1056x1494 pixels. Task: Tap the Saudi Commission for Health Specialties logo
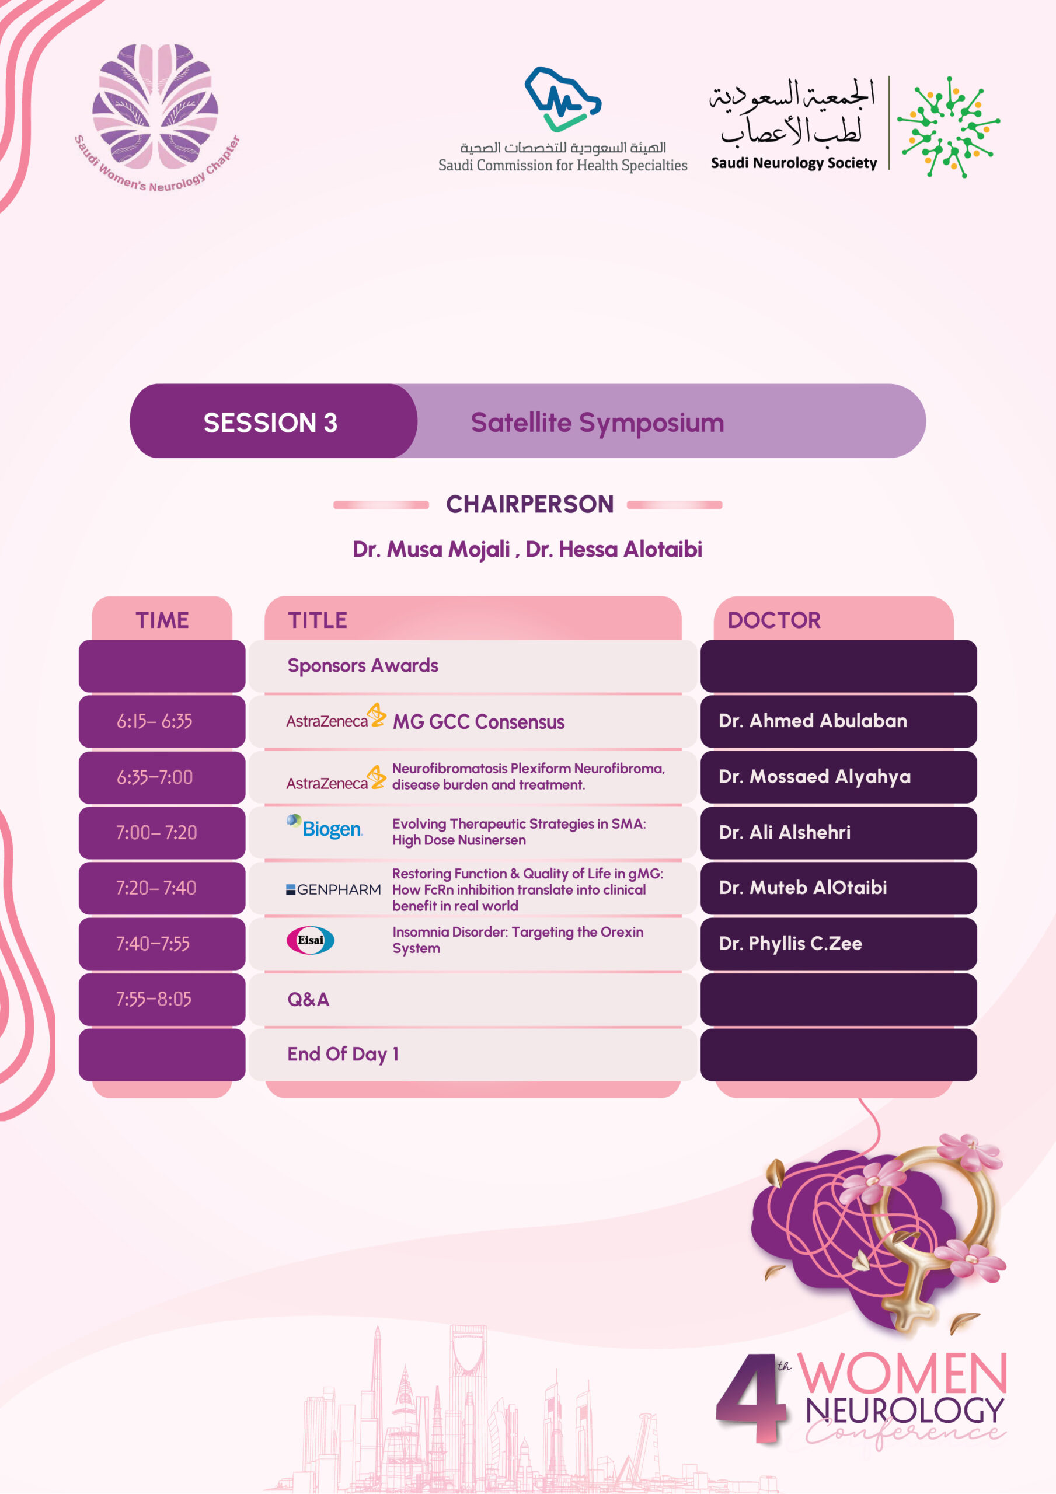[563, 120]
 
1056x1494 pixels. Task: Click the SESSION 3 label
[271, 423]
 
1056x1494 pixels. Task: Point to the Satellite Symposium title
[597, 423]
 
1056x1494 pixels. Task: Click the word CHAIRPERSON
[529, 504]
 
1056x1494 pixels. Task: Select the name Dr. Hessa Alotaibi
[614, 549]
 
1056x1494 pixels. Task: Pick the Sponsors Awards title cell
[363, 665]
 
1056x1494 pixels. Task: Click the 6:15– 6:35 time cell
[155, 721]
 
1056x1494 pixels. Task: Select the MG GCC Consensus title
[479, 722]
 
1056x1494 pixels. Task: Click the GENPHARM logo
[333, 889]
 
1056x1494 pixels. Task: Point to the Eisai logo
[311, 940]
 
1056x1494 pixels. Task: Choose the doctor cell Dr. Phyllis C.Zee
[790, 944]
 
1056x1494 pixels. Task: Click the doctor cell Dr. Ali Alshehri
[785, 832]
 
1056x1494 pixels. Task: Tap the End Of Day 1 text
[343, 1054]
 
